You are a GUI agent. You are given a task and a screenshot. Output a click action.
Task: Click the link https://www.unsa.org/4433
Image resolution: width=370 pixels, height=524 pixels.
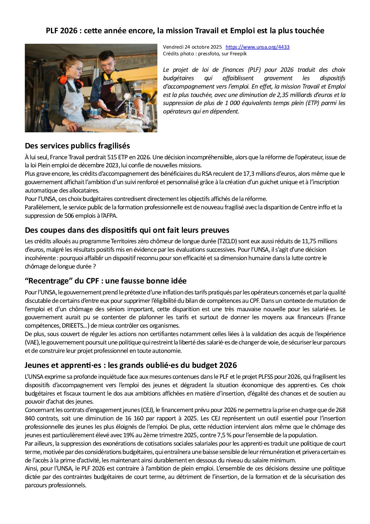[x=257, y=47]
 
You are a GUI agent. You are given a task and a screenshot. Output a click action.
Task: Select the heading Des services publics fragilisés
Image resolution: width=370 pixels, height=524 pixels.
[x=77, y=146]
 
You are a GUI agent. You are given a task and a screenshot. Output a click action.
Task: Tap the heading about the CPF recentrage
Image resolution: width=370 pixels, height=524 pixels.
[x=106, y=281]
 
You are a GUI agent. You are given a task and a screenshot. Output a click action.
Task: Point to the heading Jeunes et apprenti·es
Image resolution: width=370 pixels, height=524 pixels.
[x=130, y=365]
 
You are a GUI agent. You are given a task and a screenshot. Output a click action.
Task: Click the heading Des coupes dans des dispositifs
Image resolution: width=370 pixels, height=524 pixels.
[x=127, y=230]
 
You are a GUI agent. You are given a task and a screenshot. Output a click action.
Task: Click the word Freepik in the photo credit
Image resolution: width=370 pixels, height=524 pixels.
[x=238, y=54]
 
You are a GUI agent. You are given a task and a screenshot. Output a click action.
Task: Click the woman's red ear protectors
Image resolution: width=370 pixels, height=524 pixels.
[x=64, y=79]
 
